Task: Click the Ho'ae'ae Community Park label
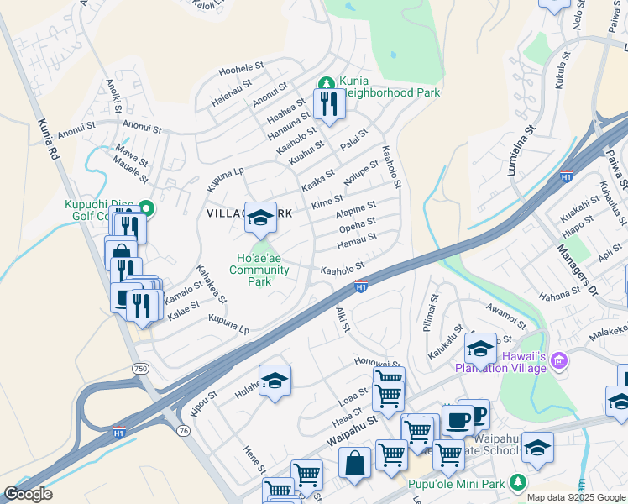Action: (259, 270)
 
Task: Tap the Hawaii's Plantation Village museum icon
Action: (561, 361)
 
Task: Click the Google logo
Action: (28, 494)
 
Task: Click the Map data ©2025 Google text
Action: (575, 497)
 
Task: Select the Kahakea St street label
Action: (212, 284)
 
